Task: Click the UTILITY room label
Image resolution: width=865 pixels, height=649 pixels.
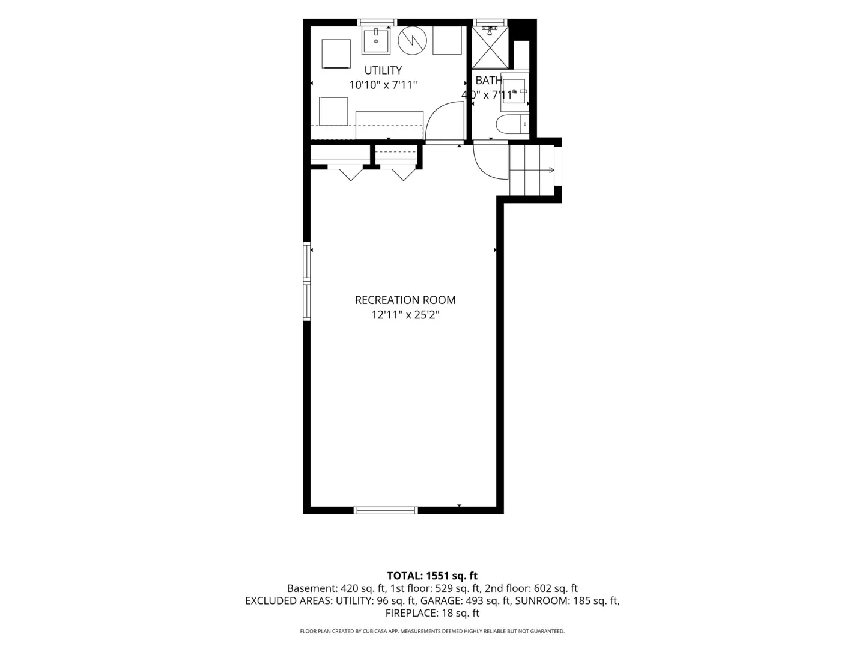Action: (x=383, y=70)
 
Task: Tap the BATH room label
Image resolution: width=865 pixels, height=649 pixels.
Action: (x=488, y=81)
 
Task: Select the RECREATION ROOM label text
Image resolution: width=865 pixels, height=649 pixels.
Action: (x=405, y=300)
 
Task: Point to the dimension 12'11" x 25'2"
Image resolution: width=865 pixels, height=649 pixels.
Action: (x=405, y=315)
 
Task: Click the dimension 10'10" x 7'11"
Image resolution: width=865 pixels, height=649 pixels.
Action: (x=383, y=85)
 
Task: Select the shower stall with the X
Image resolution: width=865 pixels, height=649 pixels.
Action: (x=490, y=47)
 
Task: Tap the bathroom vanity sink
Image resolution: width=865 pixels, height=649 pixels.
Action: (x=514, y=91)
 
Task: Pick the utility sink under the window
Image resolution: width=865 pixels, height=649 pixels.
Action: (x=376, y=40)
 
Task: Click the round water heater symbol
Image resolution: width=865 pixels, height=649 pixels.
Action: (x=412, y=40)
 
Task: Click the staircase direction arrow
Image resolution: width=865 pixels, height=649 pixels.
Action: (x=532, y=170)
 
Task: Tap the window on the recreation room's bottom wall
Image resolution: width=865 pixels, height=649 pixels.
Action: (x=386, y=510)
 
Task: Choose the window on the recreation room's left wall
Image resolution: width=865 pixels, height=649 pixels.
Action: (x=306, y=281)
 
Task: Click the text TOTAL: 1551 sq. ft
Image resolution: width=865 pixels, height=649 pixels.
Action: (x=432, y=576)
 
